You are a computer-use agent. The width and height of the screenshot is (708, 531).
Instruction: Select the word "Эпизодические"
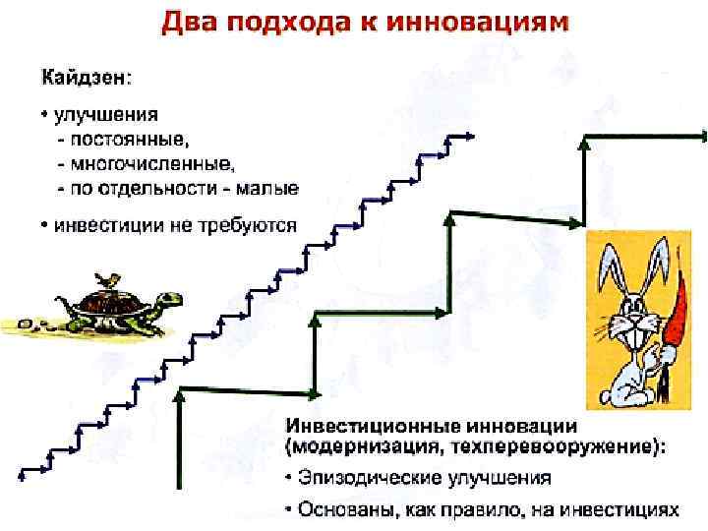(365, 479)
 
